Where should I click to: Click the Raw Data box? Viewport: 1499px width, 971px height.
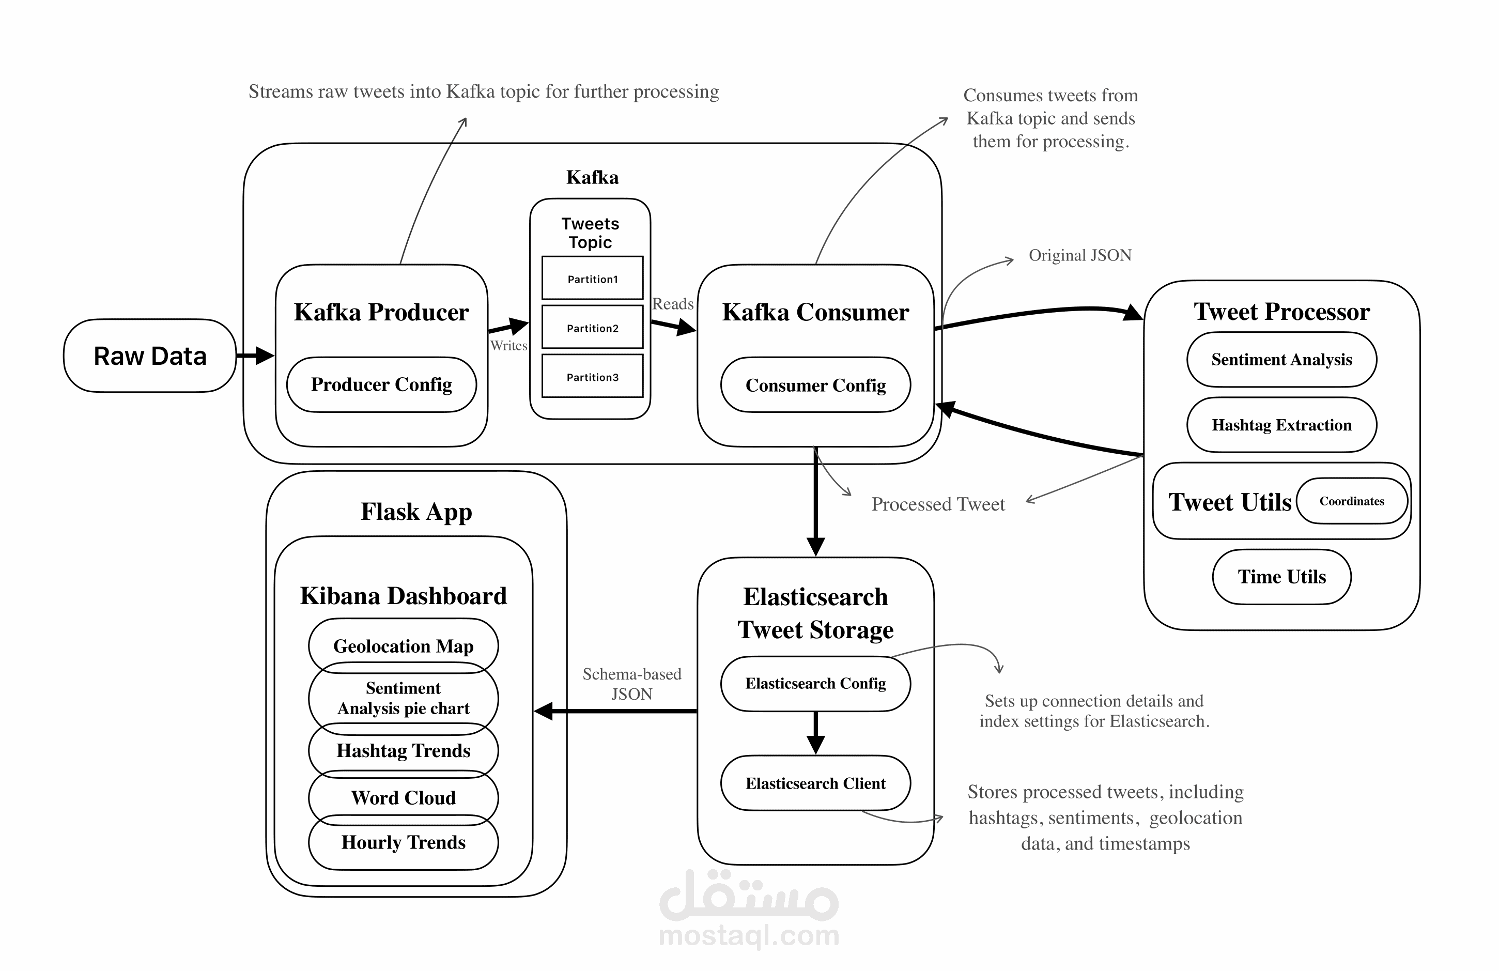(x=150, y=356)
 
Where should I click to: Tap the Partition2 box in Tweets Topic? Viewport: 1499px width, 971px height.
(x=592, y=328)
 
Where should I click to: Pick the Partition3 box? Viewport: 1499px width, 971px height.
(x=592, y=377)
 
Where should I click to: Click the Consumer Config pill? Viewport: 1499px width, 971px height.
(x=815, y=385)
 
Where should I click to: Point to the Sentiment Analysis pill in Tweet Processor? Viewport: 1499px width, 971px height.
(x=1281, y=360)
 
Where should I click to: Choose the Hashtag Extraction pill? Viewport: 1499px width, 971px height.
(x=1281, y=425)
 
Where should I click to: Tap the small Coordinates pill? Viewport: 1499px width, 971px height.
(x=1352, y=501)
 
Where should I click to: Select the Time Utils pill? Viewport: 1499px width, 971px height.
(x=1281, y=577)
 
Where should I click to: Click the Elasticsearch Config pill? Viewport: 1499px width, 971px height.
(x=815, y=684)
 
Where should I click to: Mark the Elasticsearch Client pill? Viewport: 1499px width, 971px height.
(x=815, y=783)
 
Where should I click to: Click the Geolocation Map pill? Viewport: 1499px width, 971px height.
(x=403, y=645)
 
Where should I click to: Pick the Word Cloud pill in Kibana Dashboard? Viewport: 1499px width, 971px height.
(x=403, y=798)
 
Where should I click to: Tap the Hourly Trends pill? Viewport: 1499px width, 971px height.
(x=403, y=842)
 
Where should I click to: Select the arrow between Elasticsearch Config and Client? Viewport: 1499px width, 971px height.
(x=815, y=733)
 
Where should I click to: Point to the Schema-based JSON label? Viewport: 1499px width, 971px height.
(x=632, y=684)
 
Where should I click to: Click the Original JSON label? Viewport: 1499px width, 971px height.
(x=1079, y=255)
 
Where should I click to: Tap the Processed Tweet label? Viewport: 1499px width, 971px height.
(x=938, y=504)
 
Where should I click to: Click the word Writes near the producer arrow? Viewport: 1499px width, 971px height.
(x=508, y=346)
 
